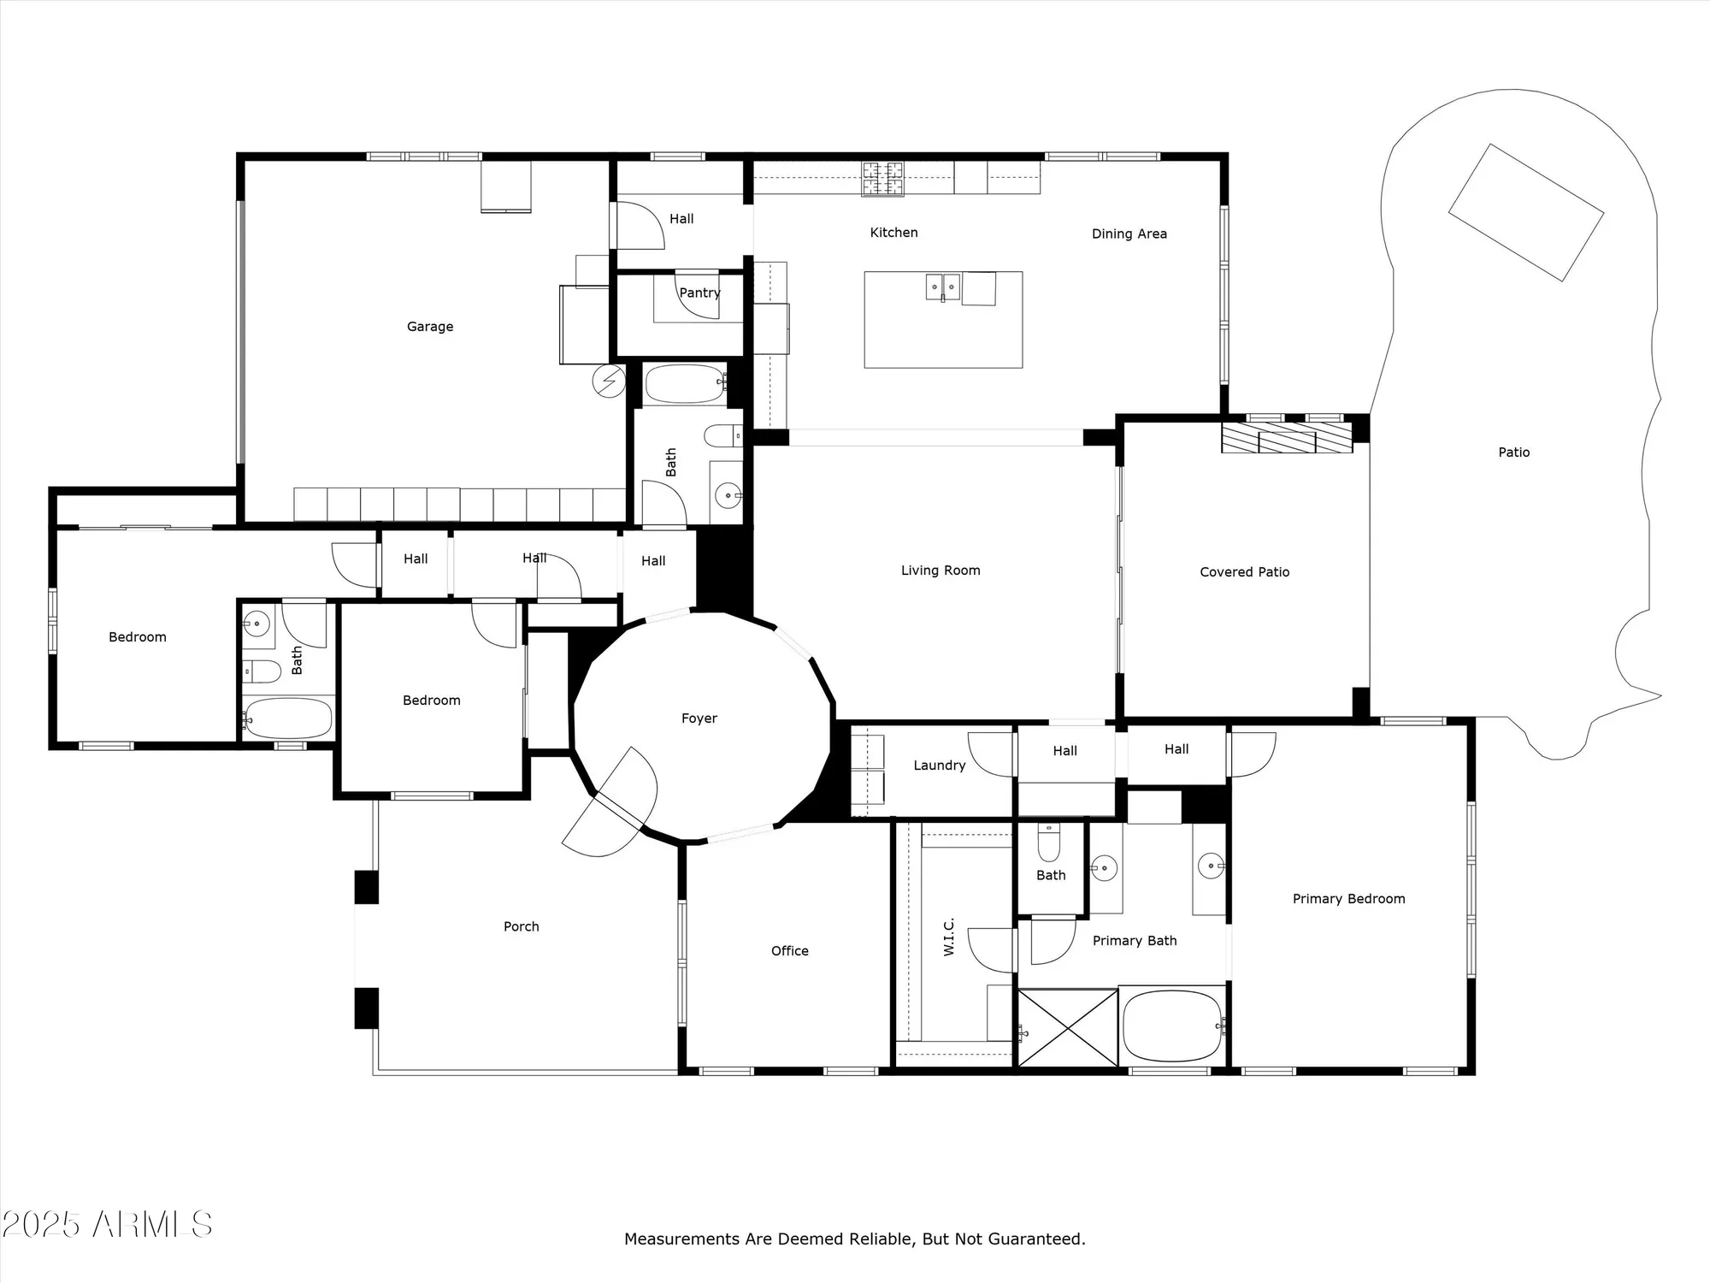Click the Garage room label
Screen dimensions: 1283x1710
[x=430, y=327]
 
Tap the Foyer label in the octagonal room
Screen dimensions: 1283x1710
[x=699, y=718]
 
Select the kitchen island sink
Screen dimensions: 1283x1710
[x=944, y=286]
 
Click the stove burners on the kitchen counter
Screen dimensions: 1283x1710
[x=882, y=178]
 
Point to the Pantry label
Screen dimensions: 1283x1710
[x=699, y=293]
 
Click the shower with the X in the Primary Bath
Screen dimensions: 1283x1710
[x=1067, y=1027]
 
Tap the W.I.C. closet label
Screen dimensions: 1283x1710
[x=948, y=937]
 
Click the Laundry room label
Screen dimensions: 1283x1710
[x=939, y=766]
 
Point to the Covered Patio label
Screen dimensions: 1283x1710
[x=1244, y=572]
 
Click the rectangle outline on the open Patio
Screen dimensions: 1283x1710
[x=1525, y=212]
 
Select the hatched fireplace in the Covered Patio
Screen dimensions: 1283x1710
[x=1286, y=437]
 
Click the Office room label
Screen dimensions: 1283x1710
[x=789, y=951]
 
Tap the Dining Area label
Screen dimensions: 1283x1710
[x=1129, y=234]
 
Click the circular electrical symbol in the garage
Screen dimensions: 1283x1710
[x=609, y=381]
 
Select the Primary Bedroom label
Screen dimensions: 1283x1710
[x=1348, y=899]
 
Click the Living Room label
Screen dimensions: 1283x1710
[x=940, y=571]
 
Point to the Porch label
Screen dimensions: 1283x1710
[x=521, y=926]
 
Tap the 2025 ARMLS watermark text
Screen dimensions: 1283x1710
[x=107, y=1224]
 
